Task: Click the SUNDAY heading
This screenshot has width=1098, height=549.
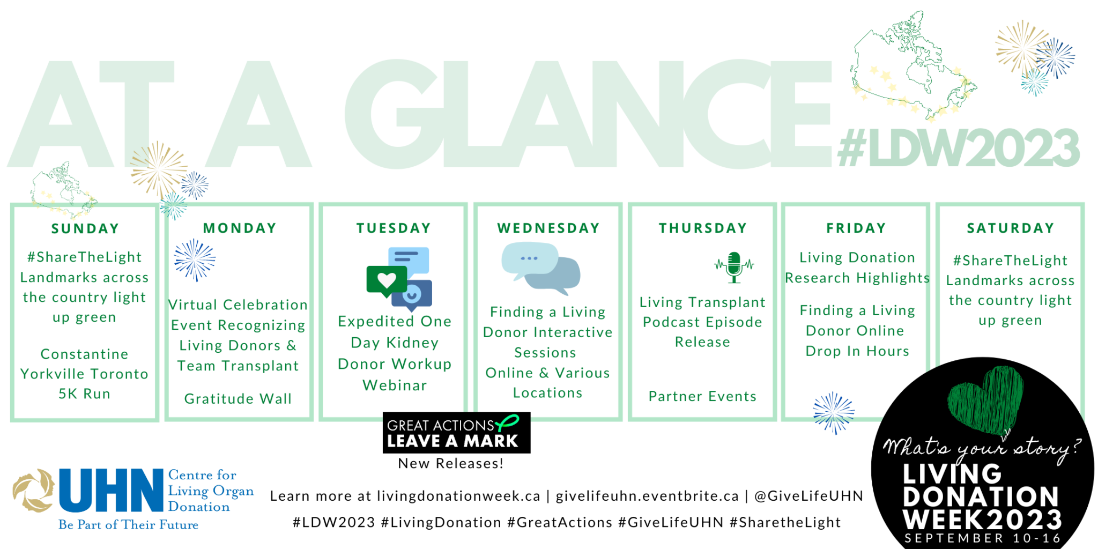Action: pyautogui.click(x=85, y=229)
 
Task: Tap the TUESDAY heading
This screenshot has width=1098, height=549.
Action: pyautogui.click(x=394, y=228)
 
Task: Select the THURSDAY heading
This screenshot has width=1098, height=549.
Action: pyautogui.click(x=703, y=228)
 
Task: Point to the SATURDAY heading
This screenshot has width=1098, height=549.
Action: pyautogui.click(x=1011, y=228)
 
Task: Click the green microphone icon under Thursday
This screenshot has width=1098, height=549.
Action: pyautogui.click(x=734, y=267)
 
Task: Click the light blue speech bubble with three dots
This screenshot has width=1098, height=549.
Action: pyautogui.click(x=529, y=260)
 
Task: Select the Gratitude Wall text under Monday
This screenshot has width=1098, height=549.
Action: pyautogui.click(x=238, y=399)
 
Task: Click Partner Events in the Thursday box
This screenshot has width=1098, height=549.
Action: pyautogui.click(x=702, y=396)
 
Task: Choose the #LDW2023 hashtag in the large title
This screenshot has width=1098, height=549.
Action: pyautogui.click(x=959, y=148)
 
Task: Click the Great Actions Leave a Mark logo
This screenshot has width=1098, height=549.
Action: pyautogui.click(x=456, y=433)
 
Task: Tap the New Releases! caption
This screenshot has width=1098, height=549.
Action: pyautogui.click(x=451, y=464)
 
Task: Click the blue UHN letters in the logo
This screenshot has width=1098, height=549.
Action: pyautogui.click(x=111, y=490)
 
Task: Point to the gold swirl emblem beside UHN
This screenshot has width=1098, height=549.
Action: pyautogui.click(x=34, y=490)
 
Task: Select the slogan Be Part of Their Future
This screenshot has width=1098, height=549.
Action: pyautogui.click(x=129, y=525)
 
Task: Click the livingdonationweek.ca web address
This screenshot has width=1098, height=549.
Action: pyautogui.click(x=458, y=496)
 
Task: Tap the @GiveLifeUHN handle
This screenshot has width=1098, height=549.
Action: pyautogui.click(x=808, y=496)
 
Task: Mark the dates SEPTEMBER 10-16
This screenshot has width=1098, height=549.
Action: pyautogui.click(x=983, y=538)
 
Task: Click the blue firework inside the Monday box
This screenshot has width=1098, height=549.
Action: pyautogui.click(x=194, y=260)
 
